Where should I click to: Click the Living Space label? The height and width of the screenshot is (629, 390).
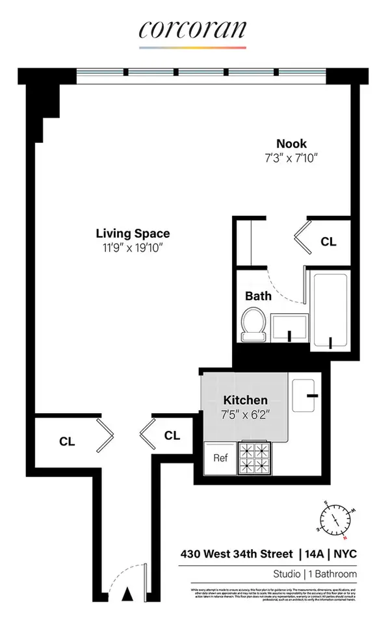click(133, 233)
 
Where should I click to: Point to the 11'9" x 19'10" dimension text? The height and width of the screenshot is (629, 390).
click(133, 247)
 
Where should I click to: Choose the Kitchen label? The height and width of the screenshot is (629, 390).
click(245, 400)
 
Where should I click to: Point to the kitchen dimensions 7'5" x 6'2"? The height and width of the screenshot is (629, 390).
click(245, 414)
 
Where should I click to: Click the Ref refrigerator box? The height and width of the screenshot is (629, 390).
click(220, 457)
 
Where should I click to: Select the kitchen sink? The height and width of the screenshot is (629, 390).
click(305, 394)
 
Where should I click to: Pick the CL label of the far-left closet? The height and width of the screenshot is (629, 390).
click(67, 441)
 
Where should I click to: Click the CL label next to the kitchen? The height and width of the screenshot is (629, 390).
click(172, 435)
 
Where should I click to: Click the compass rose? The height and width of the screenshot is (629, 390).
click(337, 519)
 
